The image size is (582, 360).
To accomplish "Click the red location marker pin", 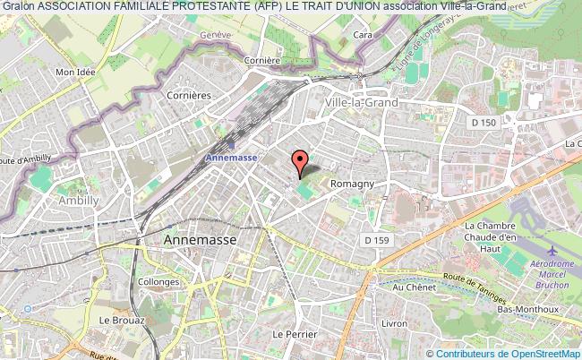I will point(300,161).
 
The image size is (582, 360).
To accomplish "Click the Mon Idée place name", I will point(76,72).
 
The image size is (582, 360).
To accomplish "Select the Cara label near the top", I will point(363,35).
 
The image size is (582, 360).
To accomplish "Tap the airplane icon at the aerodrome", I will point(549,248).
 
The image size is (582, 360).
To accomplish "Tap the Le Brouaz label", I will point(116,320).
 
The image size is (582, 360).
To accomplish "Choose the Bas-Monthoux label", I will point(529,310).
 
